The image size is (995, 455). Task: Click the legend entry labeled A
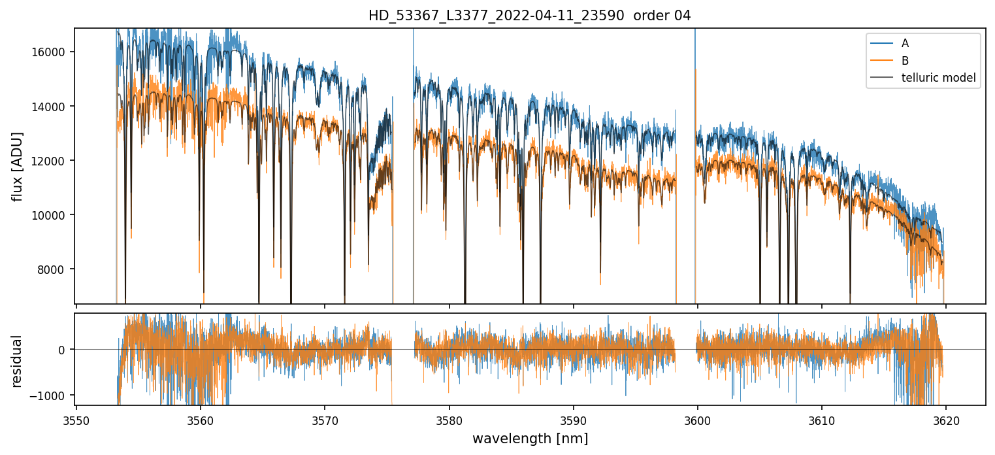[x=905, y=43]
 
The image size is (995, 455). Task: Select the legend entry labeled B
[x=905, y=61]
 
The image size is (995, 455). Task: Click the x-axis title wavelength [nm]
[x=530, y=438]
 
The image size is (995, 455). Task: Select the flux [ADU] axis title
[x=18, y=166]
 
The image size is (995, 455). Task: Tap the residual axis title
[x=18, y=361]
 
